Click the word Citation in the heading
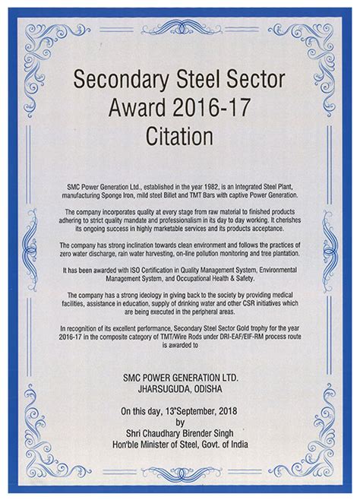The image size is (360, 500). click(x=180, y=139)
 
